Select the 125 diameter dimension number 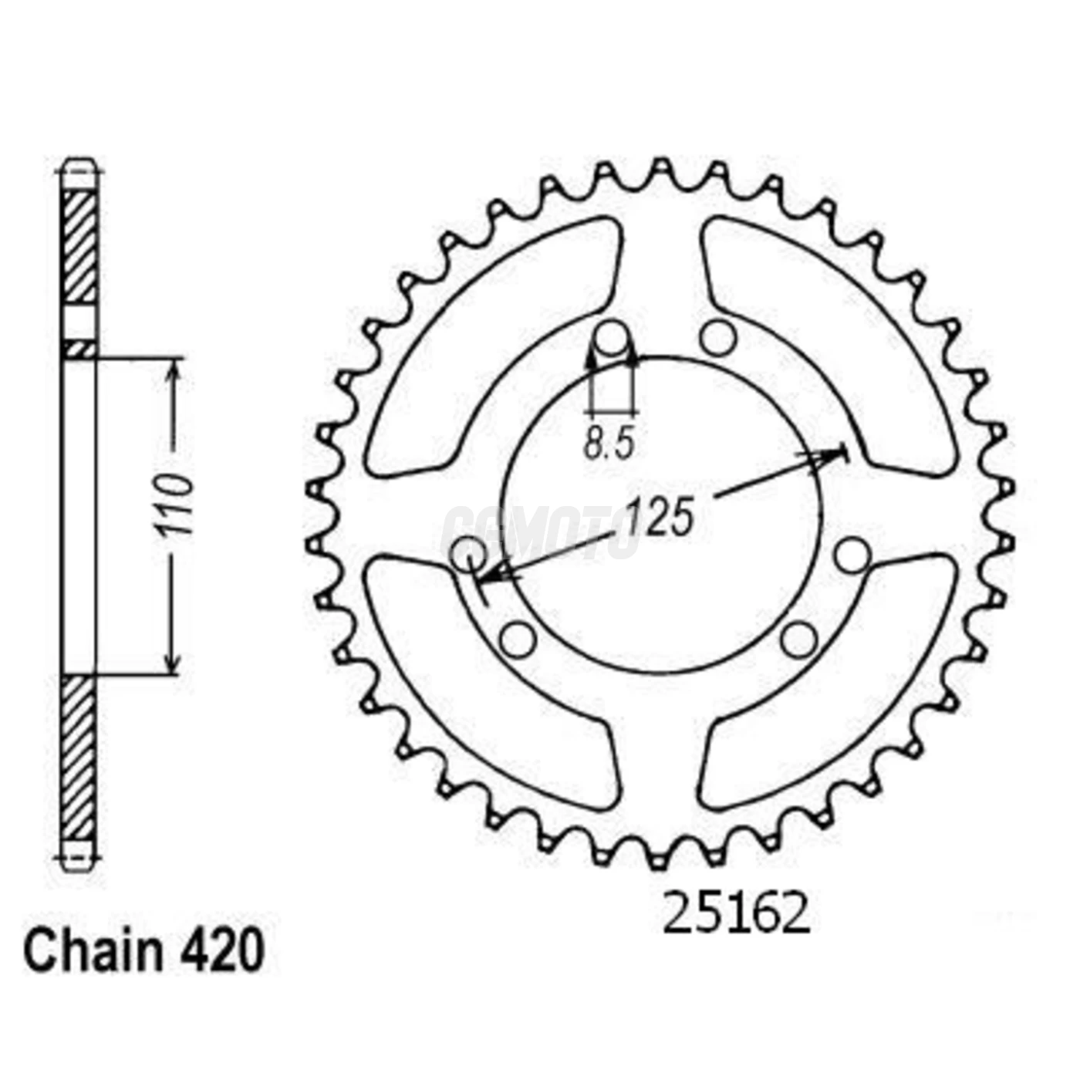click(660, 516)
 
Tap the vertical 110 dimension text click(173, 506)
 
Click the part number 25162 click(737, 914)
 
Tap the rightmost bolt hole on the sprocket click(852, 555)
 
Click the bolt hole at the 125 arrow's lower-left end click(468, 555)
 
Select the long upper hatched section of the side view click(79, 247)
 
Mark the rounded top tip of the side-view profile click(79, 164)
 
